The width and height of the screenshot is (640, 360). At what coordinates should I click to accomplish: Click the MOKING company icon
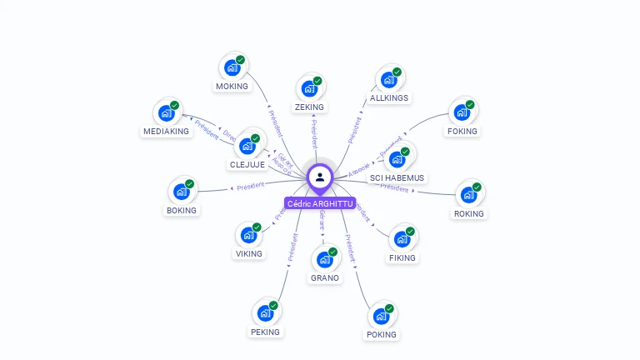232,67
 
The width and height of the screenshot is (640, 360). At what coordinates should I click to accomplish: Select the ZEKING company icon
309,88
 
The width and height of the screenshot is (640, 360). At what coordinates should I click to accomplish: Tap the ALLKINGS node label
389,97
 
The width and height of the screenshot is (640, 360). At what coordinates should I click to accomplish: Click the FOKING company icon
462,112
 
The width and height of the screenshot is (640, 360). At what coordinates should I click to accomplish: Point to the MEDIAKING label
167,131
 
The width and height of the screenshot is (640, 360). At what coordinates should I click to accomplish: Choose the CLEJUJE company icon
247,147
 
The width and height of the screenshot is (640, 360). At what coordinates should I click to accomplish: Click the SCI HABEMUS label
397,177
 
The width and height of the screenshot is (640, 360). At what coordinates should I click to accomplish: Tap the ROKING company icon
468,195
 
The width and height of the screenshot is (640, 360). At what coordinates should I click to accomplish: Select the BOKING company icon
181,192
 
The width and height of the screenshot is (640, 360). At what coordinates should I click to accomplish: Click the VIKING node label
248,253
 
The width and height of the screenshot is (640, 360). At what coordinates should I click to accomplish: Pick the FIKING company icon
402,239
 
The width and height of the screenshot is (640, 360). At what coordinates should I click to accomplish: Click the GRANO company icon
325,259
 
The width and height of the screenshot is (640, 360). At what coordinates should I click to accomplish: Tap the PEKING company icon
265,313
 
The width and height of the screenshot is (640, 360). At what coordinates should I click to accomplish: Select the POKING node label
382,334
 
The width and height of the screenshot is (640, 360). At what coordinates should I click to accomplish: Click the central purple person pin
320,177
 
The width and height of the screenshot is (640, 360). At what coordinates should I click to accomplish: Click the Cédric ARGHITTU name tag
320,203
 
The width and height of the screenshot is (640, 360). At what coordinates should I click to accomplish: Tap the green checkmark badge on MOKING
241,60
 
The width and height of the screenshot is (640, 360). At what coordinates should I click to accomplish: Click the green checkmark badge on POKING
389,309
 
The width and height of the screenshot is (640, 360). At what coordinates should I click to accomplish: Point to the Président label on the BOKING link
250,186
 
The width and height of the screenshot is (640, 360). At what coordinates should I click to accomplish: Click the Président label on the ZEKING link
313,132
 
